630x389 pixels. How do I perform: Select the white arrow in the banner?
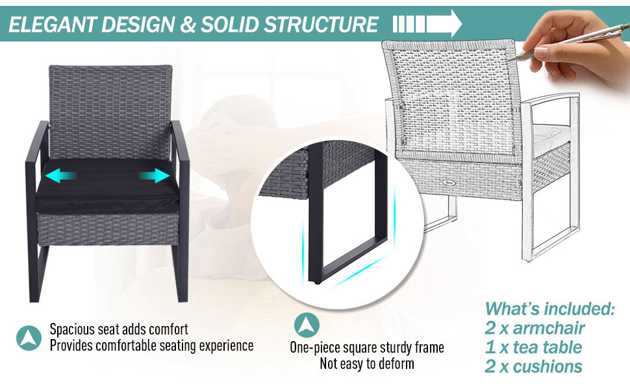coord(427,23)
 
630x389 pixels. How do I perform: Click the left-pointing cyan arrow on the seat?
coord(60,176)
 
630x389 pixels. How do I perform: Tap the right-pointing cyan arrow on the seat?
coord(154,176)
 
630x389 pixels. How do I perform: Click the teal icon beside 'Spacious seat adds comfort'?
coord(29,338)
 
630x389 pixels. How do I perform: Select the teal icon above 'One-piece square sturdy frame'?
coord(307,325)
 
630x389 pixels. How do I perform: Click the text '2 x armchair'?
coord(535,328)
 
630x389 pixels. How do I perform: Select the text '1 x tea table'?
coord(533,348)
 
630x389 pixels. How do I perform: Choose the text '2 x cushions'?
coord(533,366)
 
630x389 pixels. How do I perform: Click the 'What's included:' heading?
coord(549,309)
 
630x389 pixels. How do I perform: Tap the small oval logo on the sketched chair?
coord(447,182)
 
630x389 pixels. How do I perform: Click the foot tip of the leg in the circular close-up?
coord(317,281)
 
